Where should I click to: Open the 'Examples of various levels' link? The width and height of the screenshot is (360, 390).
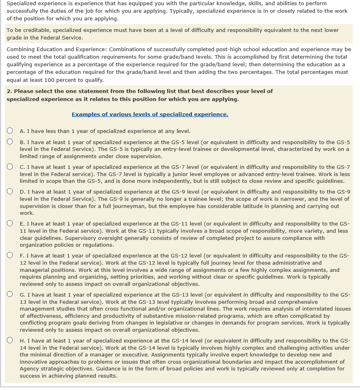(x=150, y=114)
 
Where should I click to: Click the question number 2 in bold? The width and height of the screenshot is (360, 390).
(x=9, y=91)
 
